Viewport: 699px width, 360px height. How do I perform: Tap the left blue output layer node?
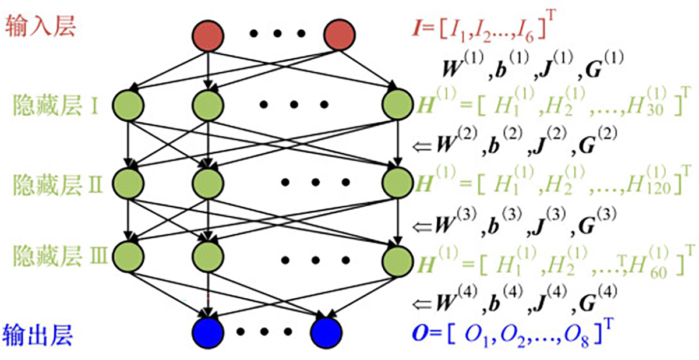coord(207,333)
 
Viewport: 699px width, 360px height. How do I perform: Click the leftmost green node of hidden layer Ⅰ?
coord(130,105)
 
